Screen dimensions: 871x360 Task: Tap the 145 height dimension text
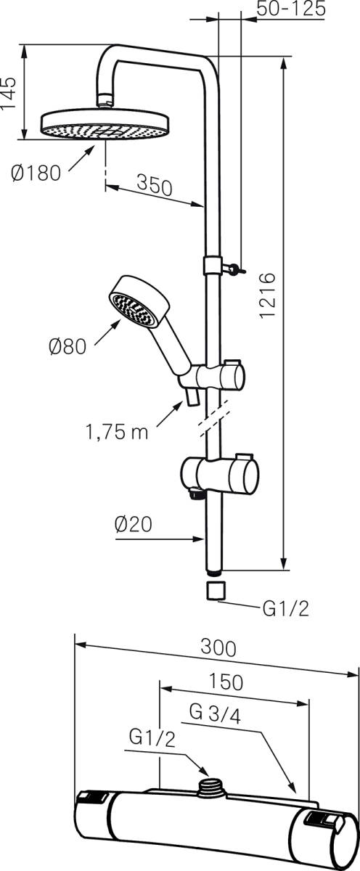(9, 93)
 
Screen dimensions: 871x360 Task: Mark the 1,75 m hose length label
(116, 433)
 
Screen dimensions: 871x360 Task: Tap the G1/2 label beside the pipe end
(285, 608)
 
